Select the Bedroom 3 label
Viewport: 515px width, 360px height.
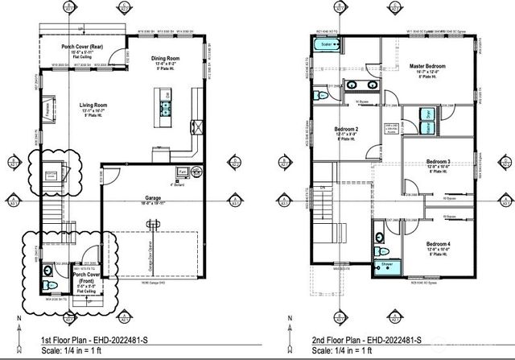point(438,163)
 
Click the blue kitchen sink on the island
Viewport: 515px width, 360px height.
point(166,108)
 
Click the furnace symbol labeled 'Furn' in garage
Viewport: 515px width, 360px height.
point(182,172)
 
